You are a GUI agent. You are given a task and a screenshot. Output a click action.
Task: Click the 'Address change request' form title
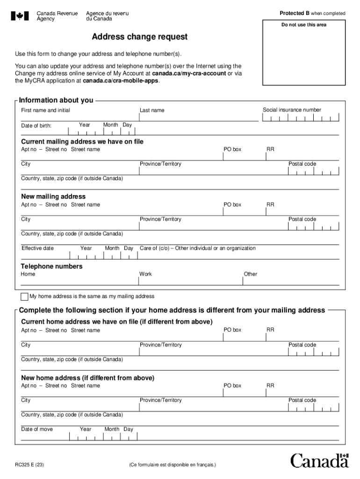click(x=139, y=36)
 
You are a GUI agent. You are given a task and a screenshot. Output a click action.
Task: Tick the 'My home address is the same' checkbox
click(x=24, y=297)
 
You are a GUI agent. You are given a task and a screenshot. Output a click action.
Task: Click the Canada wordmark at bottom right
click(x=320, y=460)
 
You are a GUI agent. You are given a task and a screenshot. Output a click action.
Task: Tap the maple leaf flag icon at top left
click(x=20, y=16)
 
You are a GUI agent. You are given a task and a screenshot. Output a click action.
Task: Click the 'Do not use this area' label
click(x=303, y=25)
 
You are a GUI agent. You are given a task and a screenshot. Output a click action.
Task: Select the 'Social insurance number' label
click(x=292, y=110)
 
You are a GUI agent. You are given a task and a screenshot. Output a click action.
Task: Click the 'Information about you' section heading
click(x=56, y=100)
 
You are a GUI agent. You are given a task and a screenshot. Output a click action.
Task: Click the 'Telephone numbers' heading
click(x=52, y=266)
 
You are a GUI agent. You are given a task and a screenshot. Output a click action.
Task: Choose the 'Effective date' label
click(x=37, y=248)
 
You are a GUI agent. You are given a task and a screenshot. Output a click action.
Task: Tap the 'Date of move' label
click(x=37, y=429)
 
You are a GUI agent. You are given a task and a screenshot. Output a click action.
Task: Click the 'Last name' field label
click(x=152, y=110)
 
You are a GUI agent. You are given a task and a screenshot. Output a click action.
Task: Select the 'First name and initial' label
click(x=45, y=110)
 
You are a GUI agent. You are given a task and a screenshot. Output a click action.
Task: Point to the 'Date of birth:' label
click(x=36, y=126)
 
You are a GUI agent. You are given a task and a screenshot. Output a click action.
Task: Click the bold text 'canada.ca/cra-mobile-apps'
click(x=121, y=80)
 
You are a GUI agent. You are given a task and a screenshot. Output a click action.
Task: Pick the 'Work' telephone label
click(x=145, y=274)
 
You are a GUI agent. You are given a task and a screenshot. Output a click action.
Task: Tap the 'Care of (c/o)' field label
click(x=197, y=248)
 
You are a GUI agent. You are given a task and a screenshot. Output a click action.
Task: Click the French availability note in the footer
click(x=173, y=465)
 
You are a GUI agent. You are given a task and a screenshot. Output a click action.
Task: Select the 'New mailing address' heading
click(x=53, y=196)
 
